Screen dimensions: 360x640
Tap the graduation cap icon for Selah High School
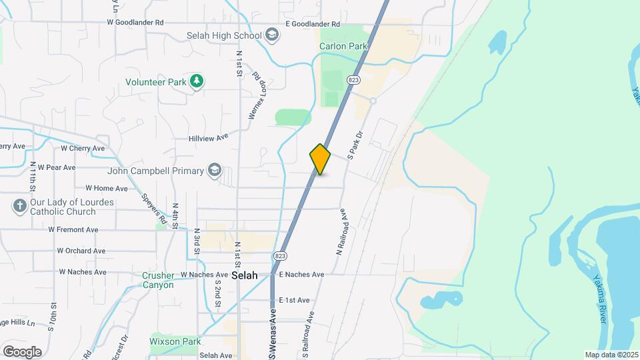[271, 35]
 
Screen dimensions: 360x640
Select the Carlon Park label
[343, 46]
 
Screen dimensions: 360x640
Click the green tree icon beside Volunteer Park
[197, 81]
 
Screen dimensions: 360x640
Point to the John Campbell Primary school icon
[215, 171]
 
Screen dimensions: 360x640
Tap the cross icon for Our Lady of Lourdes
[19, 207]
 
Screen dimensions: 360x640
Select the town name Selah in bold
[244, 275]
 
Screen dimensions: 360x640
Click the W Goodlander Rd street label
[135, 22]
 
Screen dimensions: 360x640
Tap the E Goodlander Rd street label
[313, 24]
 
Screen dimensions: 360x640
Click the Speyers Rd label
[155, 208]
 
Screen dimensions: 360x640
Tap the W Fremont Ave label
[73, 229]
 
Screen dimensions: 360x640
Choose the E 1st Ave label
[295, 300]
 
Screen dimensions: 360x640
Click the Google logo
[22, 351]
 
